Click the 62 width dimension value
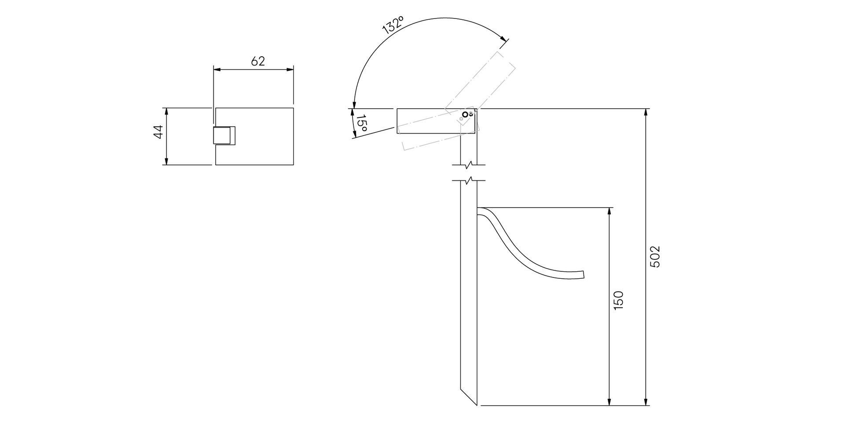coord(258,61)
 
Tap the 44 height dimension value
coord(158,132)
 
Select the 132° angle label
coord(393,25)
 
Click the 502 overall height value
coord(655,257)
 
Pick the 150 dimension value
coord(618,300)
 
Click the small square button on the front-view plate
coord(224,135)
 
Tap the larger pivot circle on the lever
coord(465,115)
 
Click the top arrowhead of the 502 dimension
coord(646,113)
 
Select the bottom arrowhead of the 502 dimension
coord(646,401)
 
